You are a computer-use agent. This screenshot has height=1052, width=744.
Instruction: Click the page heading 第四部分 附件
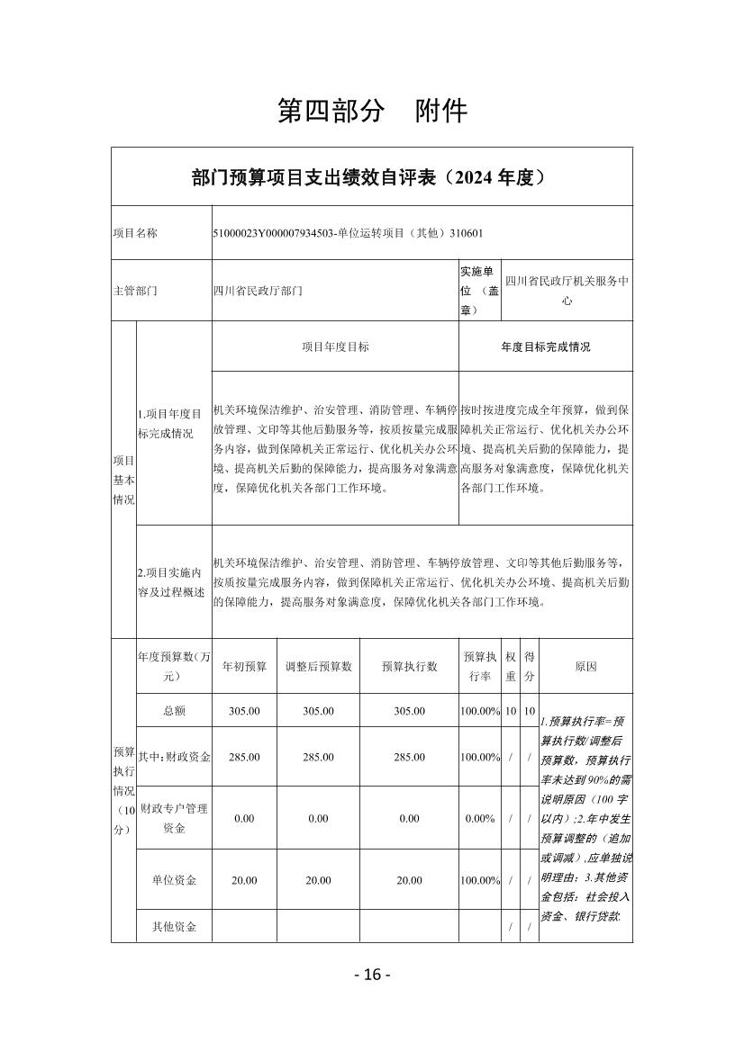point(372,111)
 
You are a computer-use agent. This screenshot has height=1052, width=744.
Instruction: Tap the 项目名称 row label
point(135,233)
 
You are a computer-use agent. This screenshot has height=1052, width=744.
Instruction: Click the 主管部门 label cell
point(135,291)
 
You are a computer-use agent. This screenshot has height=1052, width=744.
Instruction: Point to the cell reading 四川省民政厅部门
point(258,291)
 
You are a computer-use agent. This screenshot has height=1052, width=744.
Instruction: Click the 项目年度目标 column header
point(335,346)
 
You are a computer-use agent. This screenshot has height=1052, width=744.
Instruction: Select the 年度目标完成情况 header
point(545,346)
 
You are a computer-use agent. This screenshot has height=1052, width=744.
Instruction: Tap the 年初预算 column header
point(244,666)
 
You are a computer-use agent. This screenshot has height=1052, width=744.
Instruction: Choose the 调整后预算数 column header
point(318,666)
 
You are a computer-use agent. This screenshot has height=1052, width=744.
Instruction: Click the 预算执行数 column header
point(409,666)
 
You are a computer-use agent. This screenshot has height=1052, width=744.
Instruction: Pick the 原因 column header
point(585,666)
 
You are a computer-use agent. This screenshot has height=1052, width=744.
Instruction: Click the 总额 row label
point(174,711)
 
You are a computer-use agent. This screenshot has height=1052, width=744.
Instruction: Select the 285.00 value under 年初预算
point(244,757)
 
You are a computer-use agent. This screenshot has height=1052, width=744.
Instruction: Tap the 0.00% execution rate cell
point(480,819)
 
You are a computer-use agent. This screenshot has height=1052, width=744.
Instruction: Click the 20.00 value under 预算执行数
point(409,880)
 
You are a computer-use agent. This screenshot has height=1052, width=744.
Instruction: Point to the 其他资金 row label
point(174,926)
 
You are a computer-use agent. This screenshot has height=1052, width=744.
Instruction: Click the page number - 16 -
point(372,975)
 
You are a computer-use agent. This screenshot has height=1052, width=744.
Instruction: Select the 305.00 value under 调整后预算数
point(318,711)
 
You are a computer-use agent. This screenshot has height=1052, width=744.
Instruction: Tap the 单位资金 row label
point(174,880)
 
